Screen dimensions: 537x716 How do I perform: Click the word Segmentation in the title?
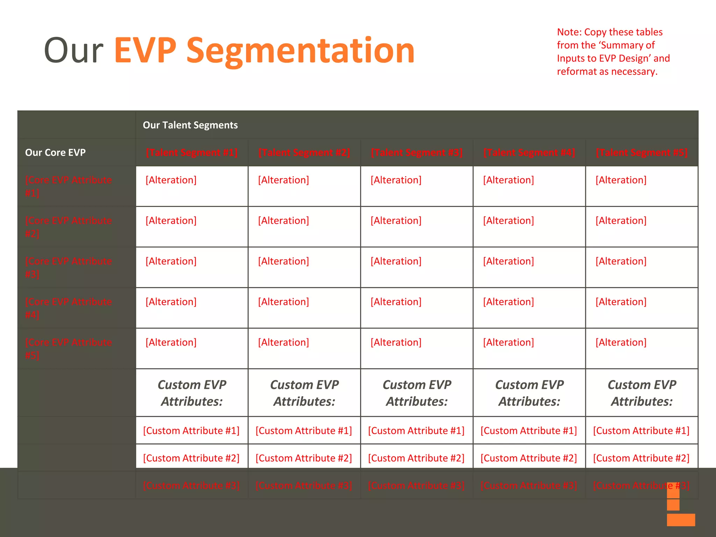pyautogui.click(x=301, y=51)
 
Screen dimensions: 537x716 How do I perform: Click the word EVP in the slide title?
pyautogui.click(x=145, y=51)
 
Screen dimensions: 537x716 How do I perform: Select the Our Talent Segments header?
pyautogui.click(x=190, y=125)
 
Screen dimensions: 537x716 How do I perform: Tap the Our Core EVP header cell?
pyautogui.click(x=55, y=152)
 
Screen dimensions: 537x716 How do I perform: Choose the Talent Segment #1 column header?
pyautogui.click(x=192, y=152)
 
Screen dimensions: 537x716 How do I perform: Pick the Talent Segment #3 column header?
pyautogui.click(x=417, y=152)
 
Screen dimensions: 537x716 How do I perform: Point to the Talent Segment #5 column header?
pyautogui.click(x=642, y=152)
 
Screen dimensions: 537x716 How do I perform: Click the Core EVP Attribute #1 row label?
pyautogui.click(x=69, y=186)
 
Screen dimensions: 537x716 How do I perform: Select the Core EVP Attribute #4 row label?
pyautogui.click(x=69, y=308)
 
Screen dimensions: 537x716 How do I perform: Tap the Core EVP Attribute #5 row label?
pyautogui.click(x=69, y=348)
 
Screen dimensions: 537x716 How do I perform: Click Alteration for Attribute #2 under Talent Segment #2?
pyautogui.click(x=284, y=221)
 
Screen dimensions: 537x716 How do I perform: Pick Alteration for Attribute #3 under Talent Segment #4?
pyautogui.click(x=508, y=261)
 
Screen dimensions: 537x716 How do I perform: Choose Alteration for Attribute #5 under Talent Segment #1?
pyautogui.click(x=171, y=342)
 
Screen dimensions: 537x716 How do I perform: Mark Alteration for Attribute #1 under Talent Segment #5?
pyautogui.click(x=621, y=180)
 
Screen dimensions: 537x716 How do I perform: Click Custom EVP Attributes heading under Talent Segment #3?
pyautogui.click(x=417, y=393)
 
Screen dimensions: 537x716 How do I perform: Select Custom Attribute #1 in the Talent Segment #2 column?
pyautogui.click(x=304, y=431)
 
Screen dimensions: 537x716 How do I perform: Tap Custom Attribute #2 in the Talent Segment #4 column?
pyautogui.click(x=529, y=458)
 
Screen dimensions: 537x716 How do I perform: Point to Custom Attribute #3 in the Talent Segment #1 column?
pyautogui.click(x=191, y=486)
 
